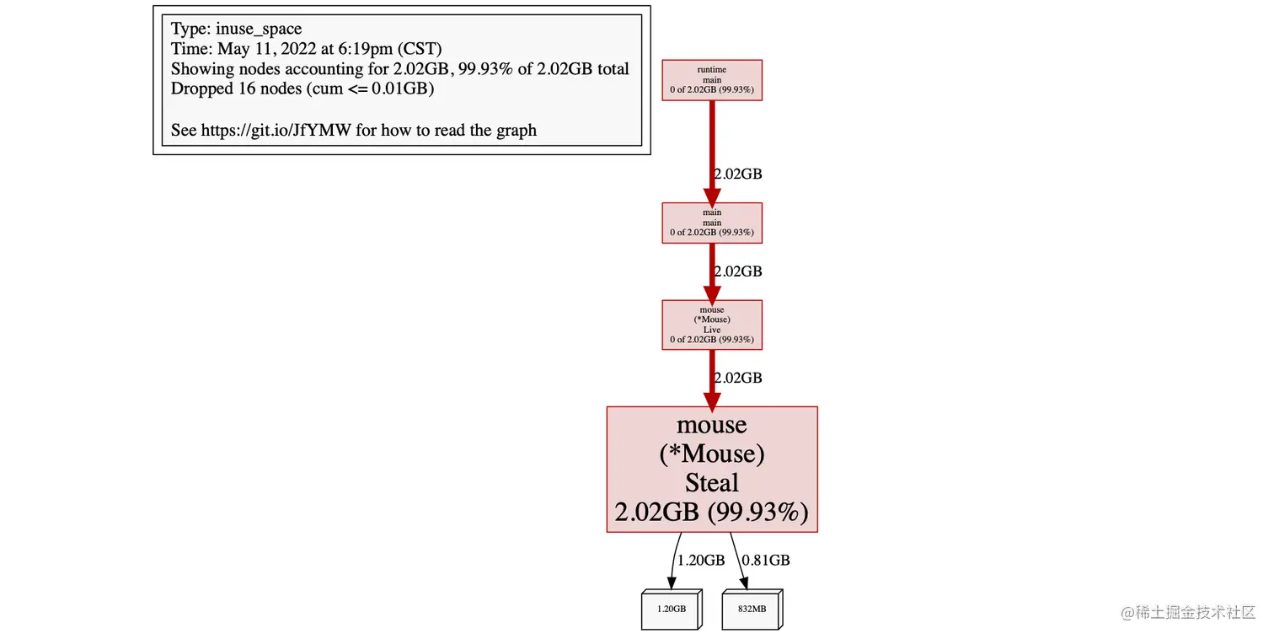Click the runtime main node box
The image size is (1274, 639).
pyautogui.click(x=712, y=80)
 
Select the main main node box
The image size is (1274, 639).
pyautogui.click(x=712, y=223)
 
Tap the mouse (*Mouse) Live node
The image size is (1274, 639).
pyautogui.click(x=712, y=325)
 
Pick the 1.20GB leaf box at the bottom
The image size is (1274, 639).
pyautogui.click(x=671, y=608)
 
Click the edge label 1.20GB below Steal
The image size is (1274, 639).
pyautogui.click(x=701, y=560)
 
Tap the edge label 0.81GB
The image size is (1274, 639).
pyautogui.click(x=765, y=560)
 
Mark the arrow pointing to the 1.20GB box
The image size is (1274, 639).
pyautogui.click(x=675, y=561)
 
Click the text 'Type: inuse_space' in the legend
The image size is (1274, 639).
pyautogui.click(x=236, y=30)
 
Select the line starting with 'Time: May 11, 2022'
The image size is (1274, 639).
pyautogui.click(x=306, y=49)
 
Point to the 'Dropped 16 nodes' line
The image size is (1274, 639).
pyautogui.click(x=302, y=89)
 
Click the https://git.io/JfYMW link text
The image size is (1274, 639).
pyautogui.click(x=278, y=130)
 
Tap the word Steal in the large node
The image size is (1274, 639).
pyautogui.click(x=712, y=483)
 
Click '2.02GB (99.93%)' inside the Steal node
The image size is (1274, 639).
pyautogui.click(x=712, y=513)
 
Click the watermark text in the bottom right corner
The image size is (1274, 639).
pyautogui.click(x=1188, y=612)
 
